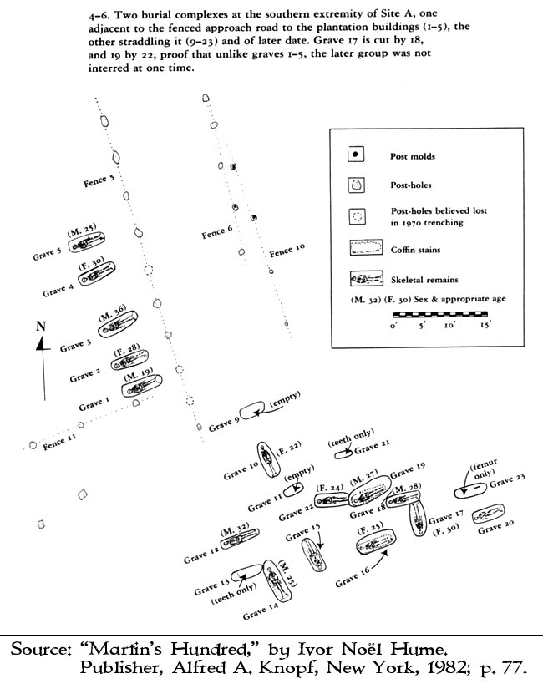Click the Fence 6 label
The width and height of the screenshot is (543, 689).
218,233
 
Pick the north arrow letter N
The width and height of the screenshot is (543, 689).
40,327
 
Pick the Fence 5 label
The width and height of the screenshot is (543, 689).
99,179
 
